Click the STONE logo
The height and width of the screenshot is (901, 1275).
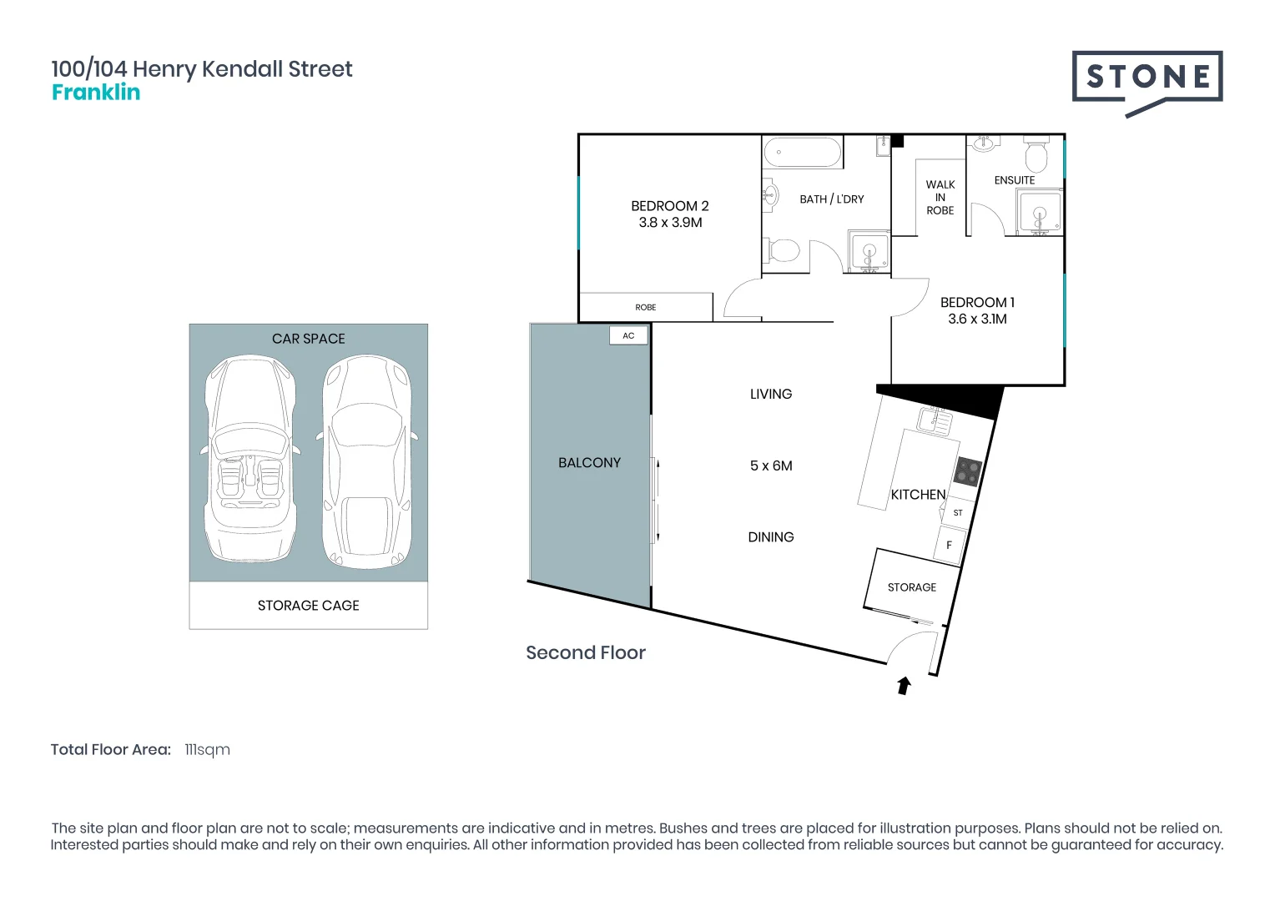(x=1147, y=78)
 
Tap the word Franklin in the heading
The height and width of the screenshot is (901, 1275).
(x=96, y=93)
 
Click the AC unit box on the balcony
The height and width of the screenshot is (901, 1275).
(x=628, y=335)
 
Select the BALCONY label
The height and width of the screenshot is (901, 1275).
(x=589, y=463)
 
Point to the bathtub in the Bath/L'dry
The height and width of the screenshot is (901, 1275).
(x=803, y=153)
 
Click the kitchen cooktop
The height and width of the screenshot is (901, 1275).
(x=967, y=472)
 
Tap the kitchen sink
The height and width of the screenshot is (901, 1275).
(x=935, y=420)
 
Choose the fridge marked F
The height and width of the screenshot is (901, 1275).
(x=949, y=545)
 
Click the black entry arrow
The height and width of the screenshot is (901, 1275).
(x=904, y=686)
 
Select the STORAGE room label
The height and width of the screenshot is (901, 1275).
(x=911, y=587)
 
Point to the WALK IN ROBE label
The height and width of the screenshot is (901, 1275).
(x=940, y=198)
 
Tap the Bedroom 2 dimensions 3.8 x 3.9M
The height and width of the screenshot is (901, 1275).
(x=670, y=223)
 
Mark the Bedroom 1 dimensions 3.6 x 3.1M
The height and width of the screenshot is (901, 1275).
(x=977, y=320)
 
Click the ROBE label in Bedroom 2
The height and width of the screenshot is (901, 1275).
(x=646, y=308)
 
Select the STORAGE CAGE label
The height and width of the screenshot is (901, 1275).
(x=308, y=606)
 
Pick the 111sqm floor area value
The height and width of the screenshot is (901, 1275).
(x=207, y=750)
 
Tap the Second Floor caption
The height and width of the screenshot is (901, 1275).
(x=586, y=653)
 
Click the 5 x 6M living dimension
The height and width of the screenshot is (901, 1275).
(x=771, y=466)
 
